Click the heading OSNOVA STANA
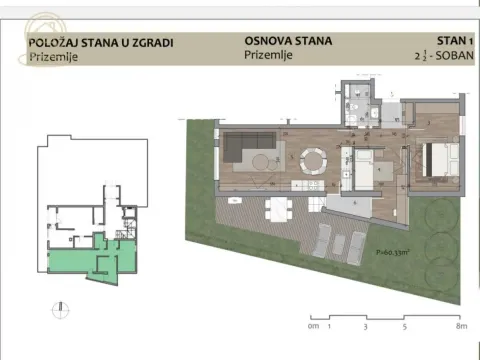click(288, 42)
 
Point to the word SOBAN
click(450, 57)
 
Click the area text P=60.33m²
click(381, 252)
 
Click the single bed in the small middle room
click(363, 166)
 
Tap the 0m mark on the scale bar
click(313, 326)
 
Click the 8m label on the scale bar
click(461, 326)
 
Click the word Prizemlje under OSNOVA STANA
click(267, 57)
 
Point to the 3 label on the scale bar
click(366, 326)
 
